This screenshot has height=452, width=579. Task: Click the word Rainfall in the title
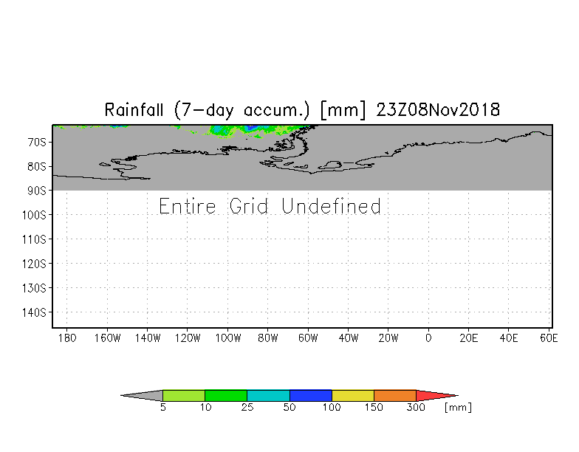click(134, 110)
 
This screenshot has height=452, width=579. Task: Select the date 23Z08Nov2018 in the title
click(438, 110)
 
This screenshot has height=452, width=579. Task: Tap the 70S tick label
click(37, 142)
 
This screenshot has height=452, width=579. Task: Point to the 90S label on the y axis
click(37, 191)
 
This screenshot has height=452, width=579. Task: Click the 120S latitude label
click(34, 264)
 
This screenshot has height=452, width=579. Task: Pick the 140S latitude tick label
click(34, 312)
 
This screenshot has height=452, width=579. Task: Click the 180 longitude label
click(67, 338)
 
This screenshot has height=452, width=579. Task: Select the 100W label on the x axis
click(228, 338)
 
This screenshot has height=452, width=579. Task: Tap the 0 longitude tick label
click(428, 338)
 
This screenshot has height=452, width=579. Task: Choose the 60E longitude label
click(549, 338)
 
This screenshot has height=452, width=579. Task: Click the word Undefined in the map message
click(331, 206)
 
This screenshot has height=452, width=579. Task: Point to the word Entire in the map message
click(188, 206)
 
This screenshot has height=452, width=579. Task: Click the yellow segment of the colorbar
click(353, 396)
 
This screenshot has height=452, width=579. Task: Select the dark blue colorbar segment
click(311, 396)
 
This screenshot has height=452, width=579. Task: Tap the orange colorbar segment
click(395, 396)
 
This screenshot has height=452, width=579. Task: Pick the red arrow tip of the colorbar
click(458, 396)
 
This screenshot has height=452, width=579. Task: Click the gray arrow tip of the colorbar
click(121, 396)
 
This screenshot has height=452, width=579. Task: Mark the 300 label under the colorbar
click(417, 408)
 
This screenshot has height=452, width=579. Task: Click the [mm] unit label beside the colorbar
click(458, 408)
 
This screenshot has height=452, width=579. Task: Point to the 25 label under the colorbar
click(247, 408)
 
